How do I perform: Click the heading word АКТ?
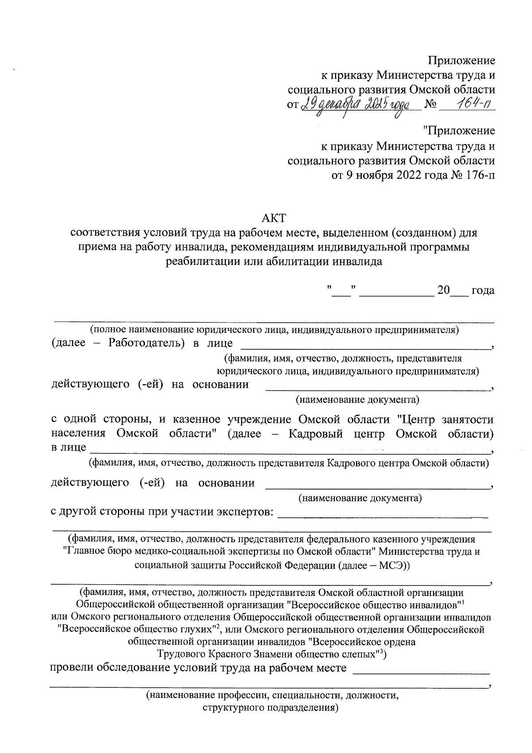(274, 218)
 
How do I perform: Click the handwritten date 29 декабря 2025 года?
(360, 105)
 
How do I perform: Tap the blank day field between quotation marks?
(342, 291)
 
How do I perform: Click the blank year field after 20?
(459, 291)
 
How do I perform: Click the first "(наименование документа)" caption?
(357, 399)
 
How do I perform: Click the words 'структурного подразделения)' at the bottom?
(270, 708)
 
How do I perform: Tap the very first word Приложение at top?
(461, 60)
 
